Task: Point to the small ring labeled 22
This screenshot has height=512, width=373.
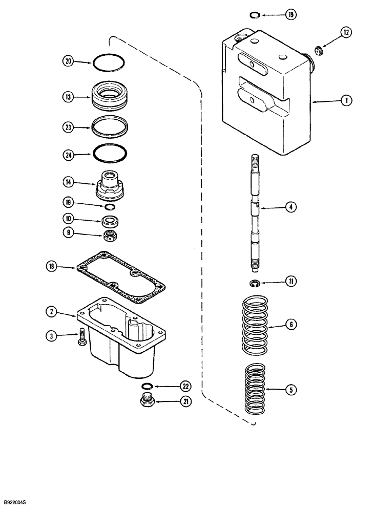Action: coord(147,386)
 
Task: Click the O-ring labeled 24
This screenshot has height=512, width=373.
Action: coord(109,153)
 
